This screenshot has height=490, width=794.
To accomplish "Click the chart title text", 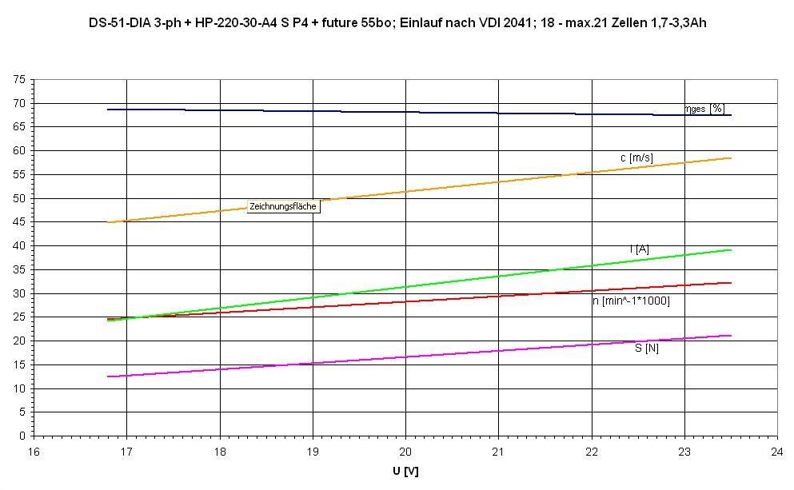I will click(x=397, y=23).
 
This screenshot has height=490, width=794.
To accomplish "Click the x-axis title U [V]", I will click(x=405, y=472).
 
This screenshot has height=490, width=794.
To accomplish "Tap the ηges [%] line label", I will click(x=705, y=109).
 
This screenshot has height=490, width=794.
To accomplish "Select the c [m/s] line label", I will click(x=636, y=158).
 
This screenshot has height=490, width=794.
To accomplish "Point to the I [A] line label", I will click(x=639, y=249).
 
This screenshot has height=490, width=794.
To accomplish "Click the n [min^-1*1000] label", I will click(x=631, y=301).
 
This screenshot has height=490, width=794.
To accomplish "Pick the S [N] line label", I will click(x=647, y=348).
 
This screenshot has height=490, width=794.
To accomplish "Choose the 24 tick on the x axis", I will click(x=777, y=450).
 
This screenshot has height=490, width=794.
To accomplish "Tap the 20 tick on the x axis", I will click(x=405, y=450).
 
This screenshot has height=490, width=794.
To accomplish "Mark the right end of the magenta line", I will click(x=731, y=336).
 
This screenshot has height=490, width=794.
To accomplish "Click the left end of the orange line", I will click(x=108, y=222).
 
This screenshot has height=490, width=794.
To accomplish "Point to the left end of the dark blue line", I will click(x=108, y=110).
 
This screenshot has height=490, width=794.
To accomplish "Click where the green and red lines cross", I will click(x=128, y=318).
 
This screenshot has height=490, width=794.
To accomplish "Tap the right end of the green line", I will click(x=731, y=250).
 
